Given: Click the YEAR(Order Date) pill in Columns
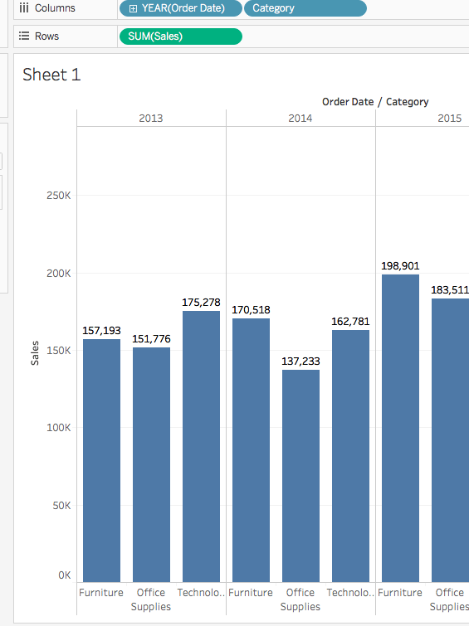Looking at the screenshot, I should (181, 8).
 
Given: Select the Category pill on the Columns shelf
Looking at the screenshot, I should (304, 8).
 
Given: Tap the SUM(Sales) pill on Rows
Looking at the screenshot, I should (181, 36).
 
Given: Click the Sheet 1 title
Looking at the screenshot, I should (51, 75).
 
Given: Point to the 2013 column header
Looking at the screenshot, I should (151, 119).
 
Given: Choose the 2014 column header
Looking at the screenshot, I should (300, 119).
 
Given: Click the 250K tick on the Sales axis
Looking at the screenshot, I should (57, 196).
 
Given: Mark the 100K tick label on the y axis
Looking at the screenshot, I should (57, 428).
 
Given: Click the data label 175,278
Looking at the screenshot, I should (201, 303).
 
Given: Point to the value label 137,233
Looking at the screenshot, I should (300, 362).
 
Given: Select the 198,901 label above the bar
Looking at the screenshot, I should (400, 266).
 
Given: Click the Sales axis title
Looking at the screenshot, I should (35, 352).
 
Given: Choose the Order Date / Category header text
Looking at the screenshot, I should (375, 102).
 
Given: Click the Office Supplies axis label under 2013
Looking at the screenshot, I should (151, 599).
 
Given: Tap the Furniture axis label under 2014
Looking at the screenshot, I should (250, 593).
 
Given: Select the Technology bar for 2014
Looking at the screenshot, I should (350, 455).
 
